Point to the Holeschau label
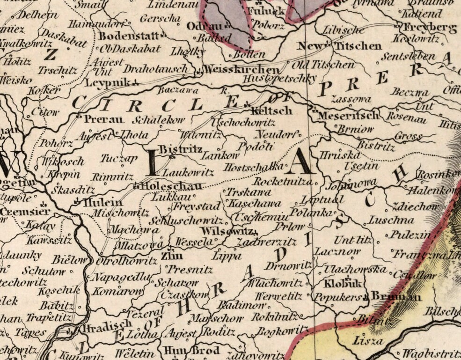[x=168, y=186]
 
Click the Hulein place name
[x=102, y=203]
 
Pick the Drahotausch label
[x=156, y=69]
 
